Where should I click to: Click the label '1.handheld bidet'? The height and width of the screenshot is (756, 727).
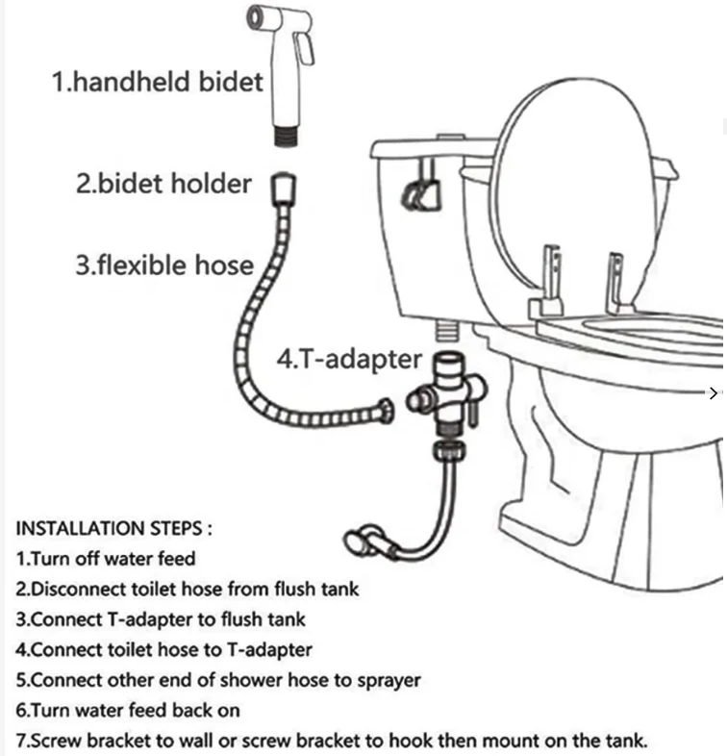[x=157, y=81]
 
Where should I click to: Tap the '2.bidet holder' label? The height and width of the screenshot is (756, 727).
[x=163, y=183]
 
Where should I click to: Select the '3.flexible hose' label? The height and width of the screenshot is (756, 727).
[x=164, y=265]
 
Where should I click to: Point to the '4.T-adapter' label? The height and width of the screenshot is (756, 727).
[x=349, y=359]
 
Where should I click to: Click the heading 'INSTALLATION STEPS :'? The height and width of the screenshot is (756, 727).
[x=113, y=528]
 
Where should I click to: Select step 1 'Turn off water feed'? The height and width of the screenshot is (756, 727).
[x=106, y=558]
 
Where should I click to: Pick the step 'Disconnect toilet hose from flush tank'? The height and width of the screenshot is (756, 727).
[x=188, y=589]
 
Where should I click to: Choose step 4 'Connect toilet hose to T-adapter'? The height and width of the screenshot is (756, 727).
[x=163, y=650]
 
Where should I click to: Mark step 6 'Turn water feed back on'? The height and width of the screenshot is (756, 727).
[x=128, y=711]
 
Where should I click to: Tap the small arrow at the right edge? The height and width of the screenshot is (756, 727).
[x=713, y=391]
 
